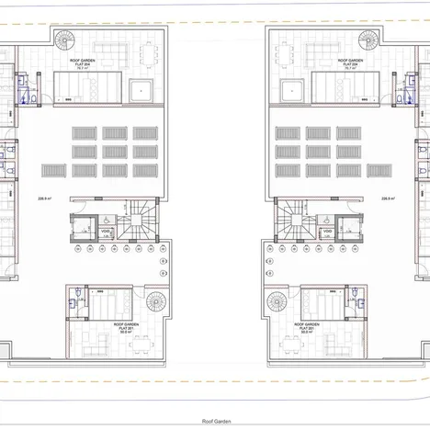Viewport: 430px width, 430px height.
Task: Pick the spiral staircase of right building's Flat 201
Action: coord(276,301)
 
